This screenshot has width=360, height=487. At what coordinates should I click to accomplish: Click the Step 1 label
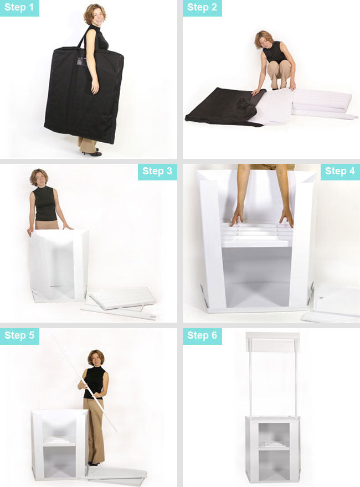pyautogui.click(x=19, y=8)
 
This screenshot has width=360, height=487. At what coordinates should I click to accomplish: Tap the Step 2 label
pyautogui.click(x=202, y=8)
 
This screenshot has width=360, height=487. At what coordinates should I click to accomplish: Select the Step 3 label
pyautogui.click(x=157, y=172)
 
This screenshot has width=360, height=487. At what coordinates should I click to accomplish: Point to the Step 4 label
pyautogui.click(x=340, y=172)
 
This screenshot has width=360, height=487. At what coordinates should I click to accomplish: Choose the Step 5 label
pyautogui.click(x=19, y=336)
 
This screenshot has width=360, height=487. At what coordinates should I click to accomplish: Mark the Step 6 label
pyautogui.click(x=202, y=336)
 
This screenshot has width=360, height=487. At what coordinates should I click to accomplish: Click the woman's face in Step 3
pyautogui.click(x=40, y=179)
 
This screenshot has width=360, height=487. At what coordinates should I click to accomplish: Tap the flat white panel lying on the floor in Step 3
pyautogui.click(x=121, y=298)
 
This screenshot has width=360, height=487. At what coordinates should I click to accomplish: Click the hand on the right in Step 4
pyautogui.click(x=286, y=216)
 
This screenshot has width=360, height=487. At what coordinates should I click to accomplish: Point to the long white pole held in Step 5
pyautogui.click(x=85, y=383)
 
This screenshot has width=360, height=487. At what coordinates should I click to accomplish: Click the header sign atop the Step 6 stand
pyautogui.click(x=272, y=342)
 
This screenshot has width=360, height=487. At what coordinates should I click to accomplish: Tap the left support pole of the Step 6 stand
pyautogui.click(x=250, y=384)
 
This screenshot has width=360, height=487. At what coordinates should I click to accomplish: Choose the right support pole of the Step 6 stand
pyautogui.click(x=296, y=384)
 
